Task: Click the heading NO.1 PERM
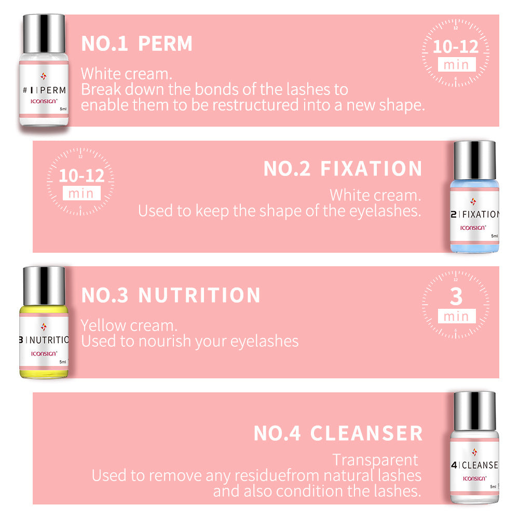click(136, 44)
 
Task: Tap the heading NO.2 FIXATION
click(343, 169)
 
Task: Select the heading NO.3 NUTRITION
click(171, 295)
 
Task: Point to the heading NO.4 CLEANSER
click(338, 433)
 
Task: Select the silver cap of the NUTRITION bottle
click(44, 284)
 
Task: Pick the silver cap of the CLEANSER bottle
click(474, 409)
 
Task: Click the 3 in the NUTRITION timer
click(456, 296)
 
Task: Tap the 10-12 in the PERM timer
click(456, 47)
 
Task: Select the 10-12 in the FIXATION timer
click(81, 175)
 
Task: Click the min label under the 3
click(456, 316)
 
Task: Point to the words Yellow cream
click(129, 325)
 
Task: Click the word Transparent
click(375, 460)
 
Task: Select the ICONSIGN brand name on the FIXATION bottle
click(473, 227)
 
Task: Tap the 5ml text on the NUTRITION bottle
click(63, 361)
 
